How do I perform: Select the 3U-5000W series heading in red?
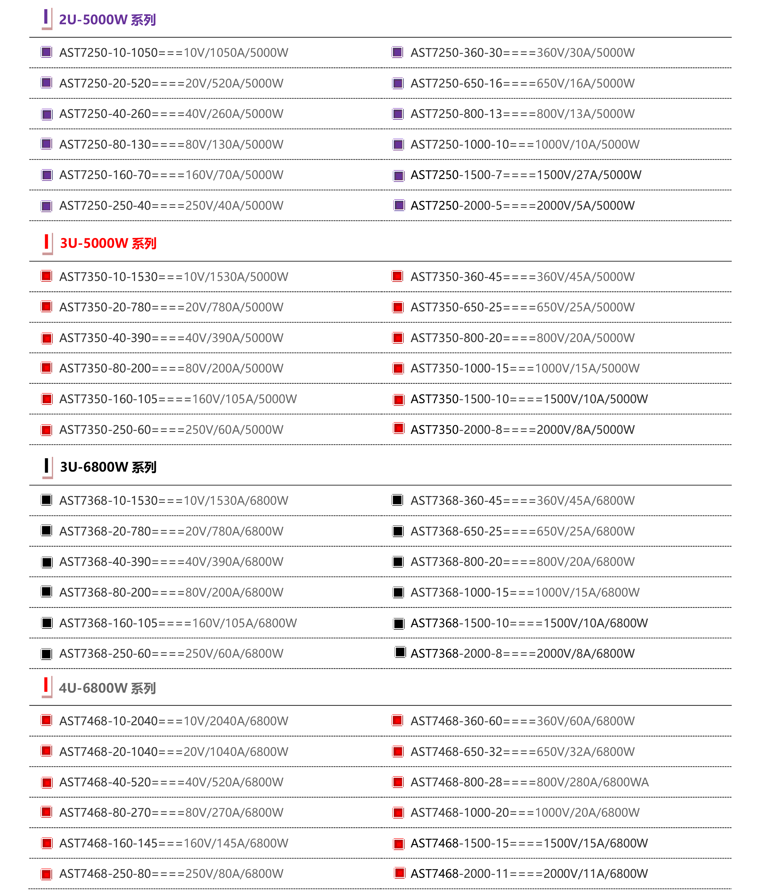click(x=108, y=243)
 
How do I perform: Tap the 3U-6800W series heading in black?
click(x=108, y=467)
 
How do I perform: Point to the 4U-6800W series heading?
click(x=107, y=688)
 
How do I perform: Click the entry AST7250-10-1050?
click(x=173, y=53)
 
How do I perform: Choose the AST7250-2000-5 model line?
click(x=522, y=205)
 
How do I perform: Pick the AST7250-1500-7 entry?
click(x=525, y=175)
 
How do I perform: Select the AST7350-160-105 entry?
click(x=178, y=399)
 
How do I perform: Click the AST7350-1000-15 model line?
click(x=525, y=368)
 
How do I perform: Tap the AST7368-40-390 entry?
click(x=171, y=562)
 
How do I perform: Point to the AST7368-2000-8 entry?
click(x=522, y=654)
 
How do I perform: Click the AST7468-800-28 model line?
click(x=529, y=782)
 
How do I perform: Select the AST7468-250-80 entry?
click(x=171, y=874)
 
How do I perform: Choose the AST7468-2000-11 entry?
click(x=529, y=874)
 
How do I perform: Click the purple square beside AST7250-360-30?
click(x=397, y=52)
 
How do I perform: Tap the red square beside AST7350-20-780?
click(x=46, y=306)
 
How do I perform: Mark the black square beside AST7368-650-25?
click(x=398, y=531)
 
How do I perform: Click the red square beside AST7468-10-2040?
click(x=46, y=720)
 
